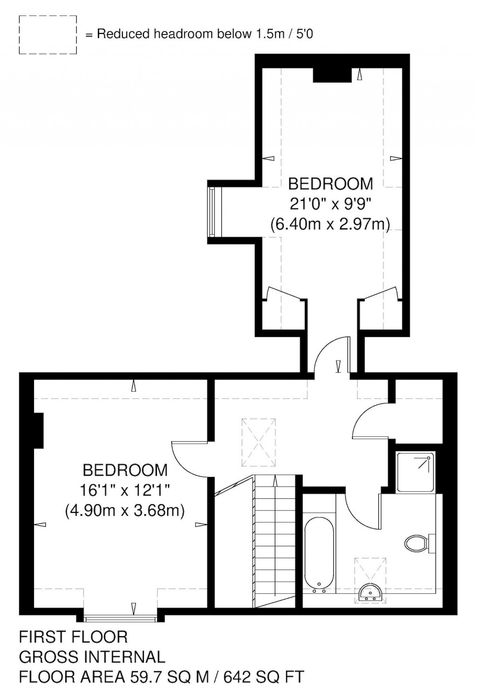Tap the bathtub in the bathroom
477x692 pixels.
[x=319, y=554]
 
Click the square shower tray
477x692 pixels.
[x=416, y=472]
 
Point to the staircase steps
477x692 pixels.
[x=275, y=540]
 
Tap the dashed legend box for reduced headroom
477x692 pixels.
[x=48, y=35]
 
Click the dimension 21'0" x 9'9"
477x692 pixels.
[x=331, y=204]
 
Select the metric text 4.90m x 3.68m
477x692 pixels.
[x=125, y=511]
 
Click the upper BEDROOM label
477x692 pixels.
[x=331, y=184]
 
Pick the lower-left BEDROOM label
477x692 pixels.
[x=125, y=470]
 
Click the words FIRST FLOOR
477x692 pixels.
[x=73, y=636]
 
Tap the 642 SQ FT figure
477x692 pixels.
[x=264, y=676]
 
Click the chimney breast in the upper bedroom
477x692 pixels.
[x=332, y=75]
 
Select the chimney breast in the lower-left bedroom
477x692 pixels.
[x=39, y=429]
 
